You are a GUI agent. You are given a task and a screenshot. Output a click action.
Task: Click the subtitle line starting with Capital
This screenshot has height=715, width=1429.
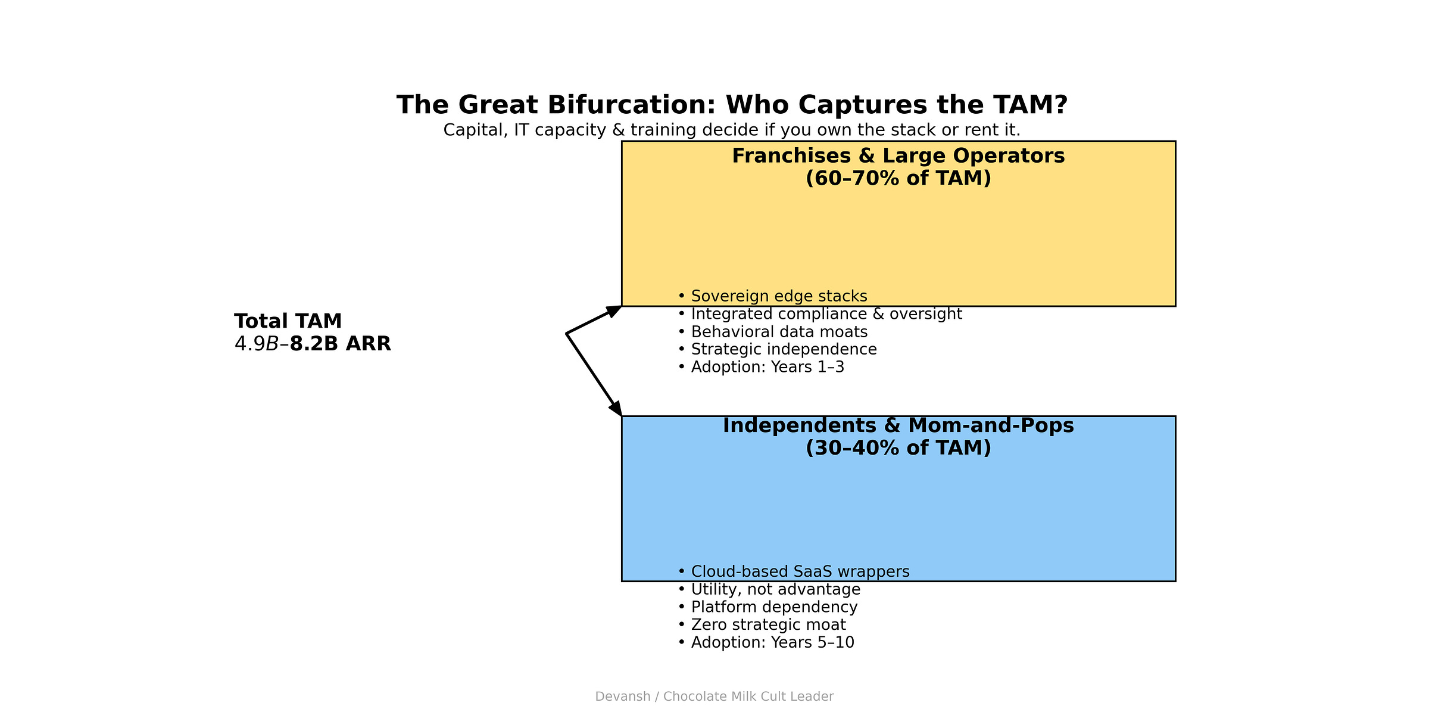(x=732, y=130)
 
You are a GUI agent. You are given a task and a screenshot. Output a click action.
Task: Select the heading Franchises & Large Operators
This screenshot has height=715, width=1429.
(x=898, y=156)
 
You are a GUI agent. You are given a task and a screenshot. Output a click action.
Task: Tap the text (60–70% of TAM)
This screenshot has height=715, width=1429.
(x=898, y=178)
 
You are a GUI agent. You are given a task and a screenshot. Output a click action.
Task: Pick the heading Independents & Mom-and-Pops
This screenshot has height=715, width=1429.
(x=898, y=425)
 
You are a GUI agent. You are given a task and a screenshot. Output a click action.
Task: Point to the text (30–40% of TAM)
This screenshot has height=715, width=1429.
(x=898, y=448)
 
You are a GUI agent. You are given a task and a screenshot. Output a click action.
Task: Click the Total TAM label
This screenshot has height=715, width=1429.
(x=288, y=321)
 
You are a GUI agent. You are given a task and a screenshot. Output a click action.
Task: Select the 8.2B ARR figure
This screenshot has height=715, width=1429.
(x=340, y=344)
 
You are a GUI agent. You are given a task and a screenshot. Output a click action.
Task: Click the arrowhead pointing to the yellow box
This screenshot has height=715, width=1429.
(x=614, y=310)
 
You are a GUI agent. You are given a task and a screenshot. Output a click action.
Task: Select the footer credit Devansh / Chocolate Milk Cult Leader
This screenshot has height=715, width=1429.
(x=714, y=697)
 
